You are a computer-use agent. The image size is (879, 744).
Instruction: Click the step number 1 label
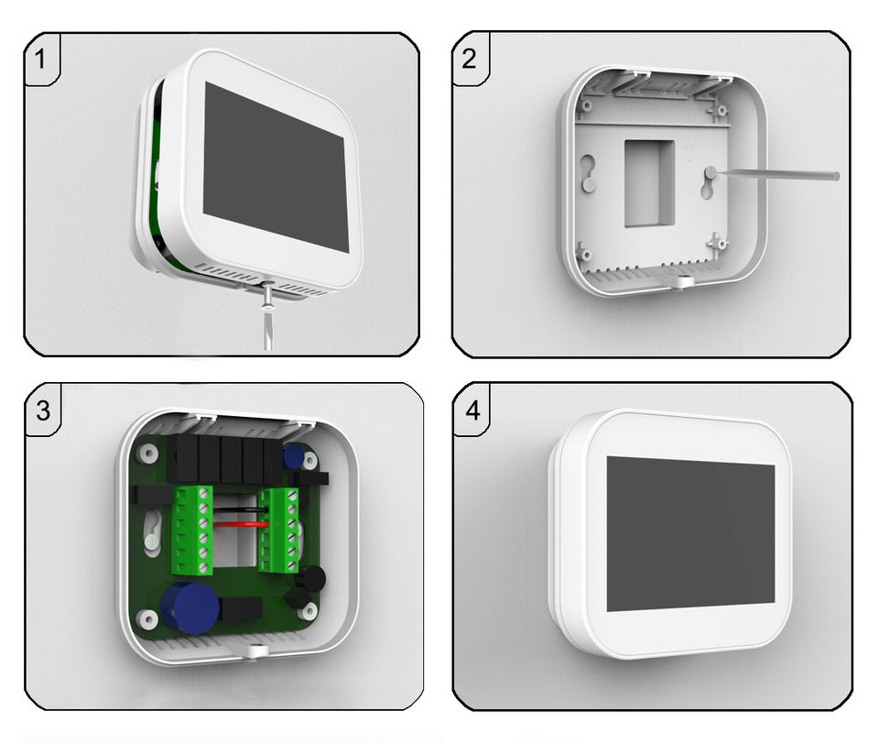39,59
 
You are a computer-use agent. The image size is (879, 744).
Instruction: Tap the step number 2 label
469,59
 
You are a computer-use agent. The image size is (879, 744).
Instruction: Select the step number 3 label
43,410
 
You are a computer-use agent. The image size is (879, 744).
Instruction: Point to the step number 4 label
472,410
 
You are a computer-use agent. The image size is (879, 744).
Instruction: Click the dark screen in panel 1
274,166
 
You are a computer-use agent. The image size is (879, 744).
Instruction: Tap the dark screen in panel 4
691,533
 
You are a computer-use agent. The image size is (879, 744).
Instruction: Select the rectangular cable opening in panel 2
649,183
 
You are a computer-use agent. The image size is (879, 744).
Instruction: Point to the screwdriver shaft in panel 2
777,174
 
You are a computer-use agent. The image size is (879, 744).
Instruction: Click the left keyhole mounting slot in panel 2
587,173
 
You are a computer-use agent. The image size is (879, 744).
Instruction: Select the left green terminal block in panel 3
193,530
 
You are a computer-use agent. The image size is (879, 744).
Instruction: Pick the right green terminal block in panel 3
278,530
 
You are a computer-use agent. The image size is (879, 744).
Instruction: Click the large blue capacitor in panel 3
190,608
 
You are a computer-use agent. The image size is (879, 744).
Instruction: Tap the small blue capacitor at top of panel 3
293,455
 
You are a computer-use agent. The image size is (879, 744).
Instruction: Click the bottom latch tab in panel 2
681,281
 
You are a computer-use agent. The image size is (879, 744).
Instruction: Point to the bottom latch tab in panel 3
257,651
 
